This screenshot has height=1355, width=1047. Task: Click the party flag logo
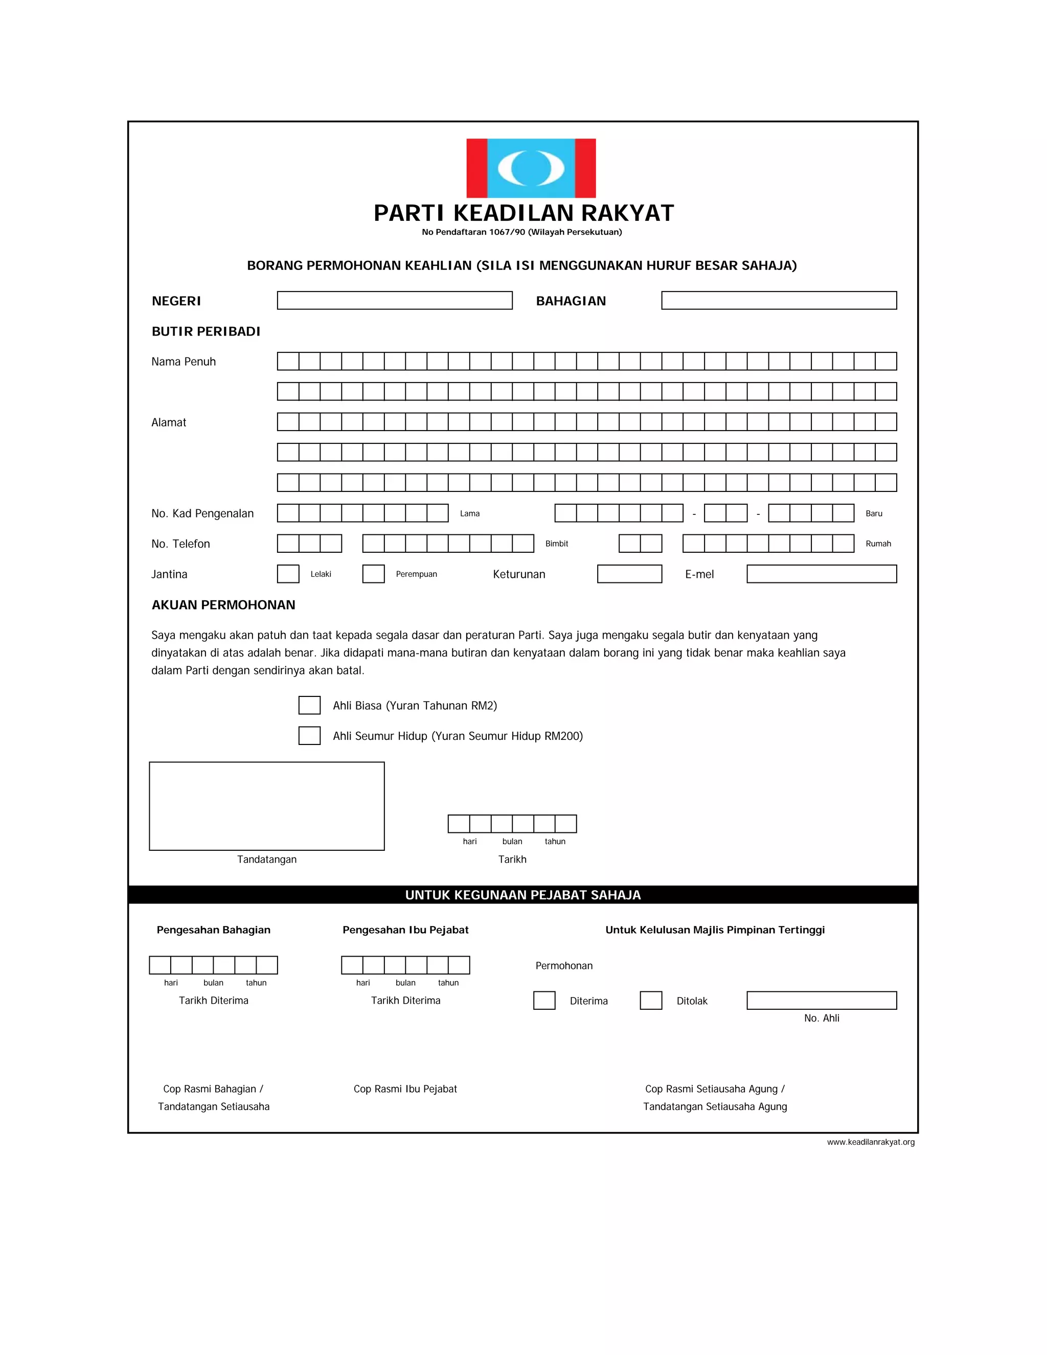pyautogui.click(x=531, y=168)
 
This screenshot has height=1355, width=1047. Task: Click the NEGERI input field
pyautogui.click(x=395, y=300)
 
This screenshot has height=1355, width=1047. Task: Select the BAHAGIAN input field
pyautogui.click(x=779, y=300)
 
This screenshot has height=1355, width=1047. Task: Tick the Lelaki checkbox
pyautogui.click(x=288, y=574)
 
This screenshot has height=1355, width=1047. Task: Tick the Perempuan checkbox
pyautogui.click(x=373, y=574)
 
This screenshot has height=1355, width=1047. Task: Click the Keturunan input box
pyautogui.click(x=629, y=574)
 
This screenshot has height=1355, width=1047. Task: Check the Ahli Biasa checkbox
pyautogui.click(x=309, y=706)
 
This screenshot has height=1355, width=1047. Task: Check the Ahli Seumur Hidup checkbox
pyautogui.click(x=309, y=736)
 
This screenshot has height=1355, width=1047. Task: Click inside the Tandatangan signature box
pyautogui.click(x=267, y=806)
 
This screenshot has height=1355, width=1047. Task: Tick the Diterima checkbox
pyautogui.click(x=544, y=1001)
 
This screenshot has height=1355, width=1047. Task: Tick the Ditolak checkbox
pyautogui.click(x=651, y=1001)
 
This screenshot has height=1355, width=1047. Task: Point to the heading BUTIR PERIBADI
pyautogui.click(x=206, y=331)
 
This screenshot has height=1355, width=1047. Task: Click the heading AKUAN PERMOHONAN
pyautogui.click(x=223, y=605)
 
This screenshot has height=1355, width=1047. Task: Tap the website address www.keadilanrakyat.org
pyautogui.click(x=870, y=1142)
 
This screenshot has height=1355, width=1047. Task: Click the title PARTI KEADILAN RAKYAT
pyautogui.click(x=523, y=213)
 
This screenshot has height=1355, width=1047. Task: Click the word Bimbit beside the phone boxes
pyautogui.click(x=556, y=544)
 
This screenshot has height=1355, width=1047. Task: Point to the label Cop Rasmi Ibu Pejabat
pyautogui.click(x=405, y=1089)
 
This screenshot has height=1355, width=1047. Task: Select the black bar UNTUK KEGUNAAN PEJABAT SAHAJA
pyautogui.click(x=523, y=895)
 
